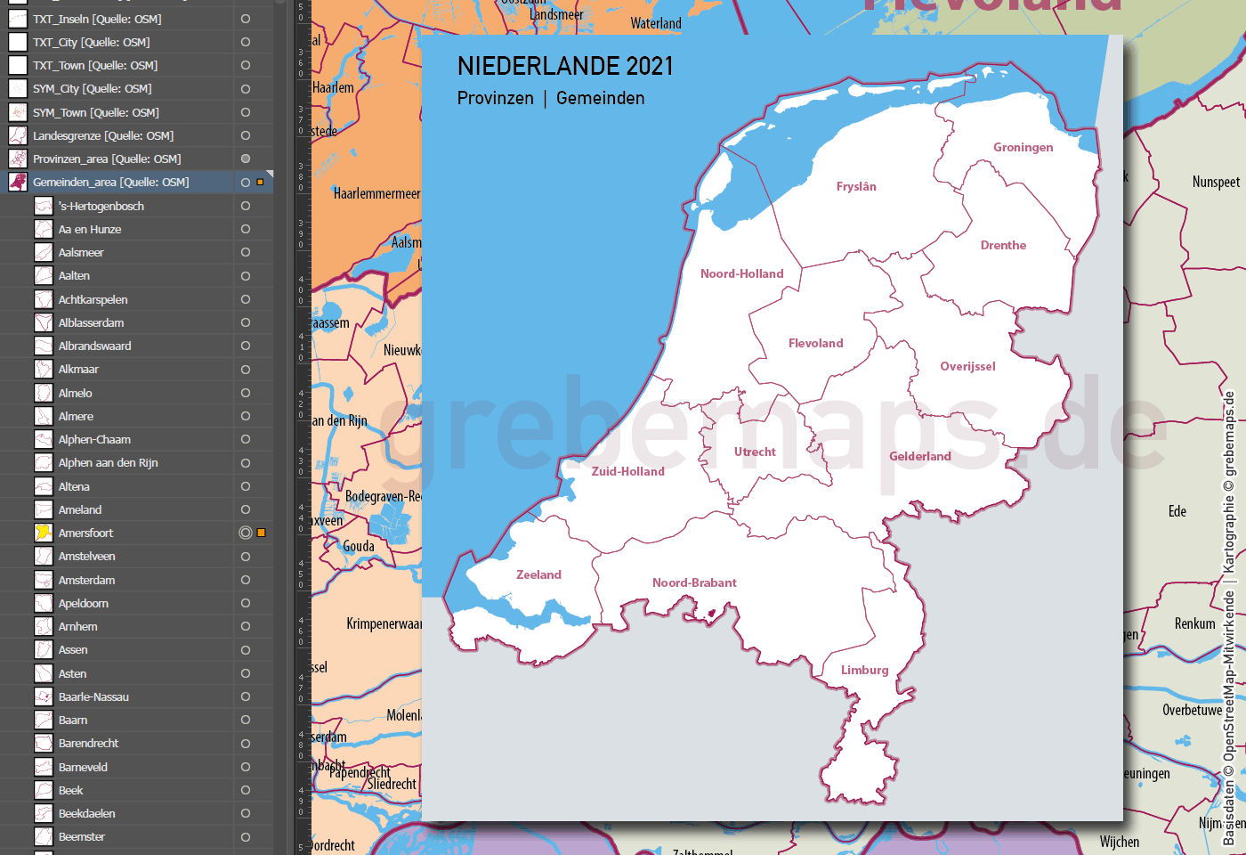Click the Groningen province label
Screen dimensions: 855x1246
pos(1023,147)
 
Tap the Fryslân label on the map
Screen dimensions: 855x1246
pos(856,186)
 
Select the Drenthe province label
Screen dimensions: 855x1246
pos(1003,245)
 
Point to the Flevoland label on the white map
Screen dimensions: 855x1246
pos(815,343)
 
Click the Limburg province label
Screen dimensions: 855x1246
pos(864,670)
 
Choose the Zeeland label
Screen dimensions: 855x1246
pos(538,574)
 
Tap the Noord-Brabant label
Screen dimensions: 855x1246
pos(694,582)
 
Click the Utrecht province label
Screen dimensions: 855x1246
pos(755,452)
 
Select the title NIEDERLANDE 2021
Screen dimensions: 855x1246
pos(565,66)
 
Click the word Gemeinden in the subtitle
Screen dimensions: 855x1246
pos(600,98)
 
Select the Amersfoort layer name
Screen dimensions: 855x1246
pos(85,533)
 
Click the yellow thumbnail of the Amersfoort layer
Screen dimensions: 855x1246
pos(43,533)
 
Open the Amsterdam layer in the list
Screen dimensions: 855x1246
pos(86,580)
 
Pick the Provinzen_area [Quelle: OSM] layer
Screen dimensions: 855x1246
pos(107,159)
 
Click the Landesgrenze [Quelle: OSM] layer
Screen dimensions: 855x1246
pos(103,135)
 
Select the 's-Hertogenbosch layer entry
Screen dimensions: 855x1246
pos(101,206)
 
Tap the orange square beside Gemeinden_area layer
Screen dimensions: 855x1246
pos(260,182)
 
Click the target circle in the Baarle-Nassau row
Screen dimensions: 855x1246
pos(245,696)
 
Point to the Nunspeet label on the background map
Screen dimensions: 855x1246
pos(1216,182)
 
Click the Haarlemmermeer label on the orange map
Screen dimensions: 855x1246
pos(376,193)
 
